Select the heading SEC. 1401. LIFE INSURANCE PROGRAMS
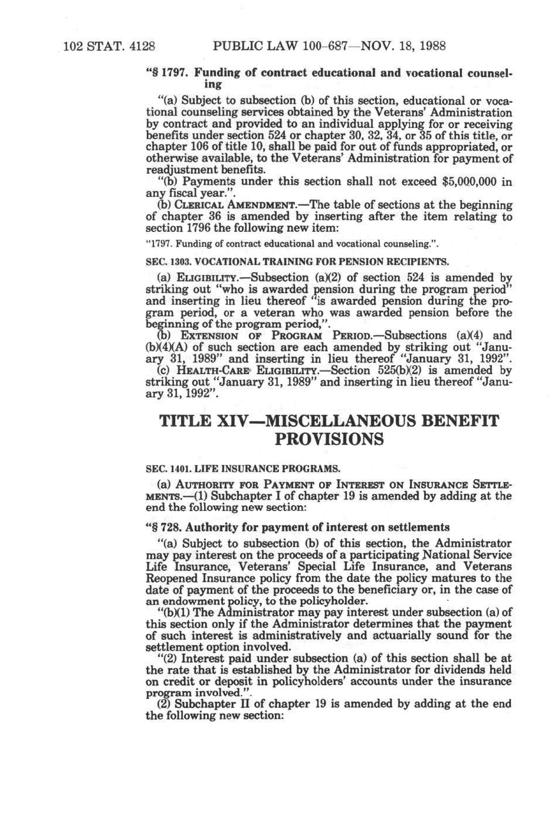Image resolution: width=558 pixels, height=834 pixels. click(x=242, y=469)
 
